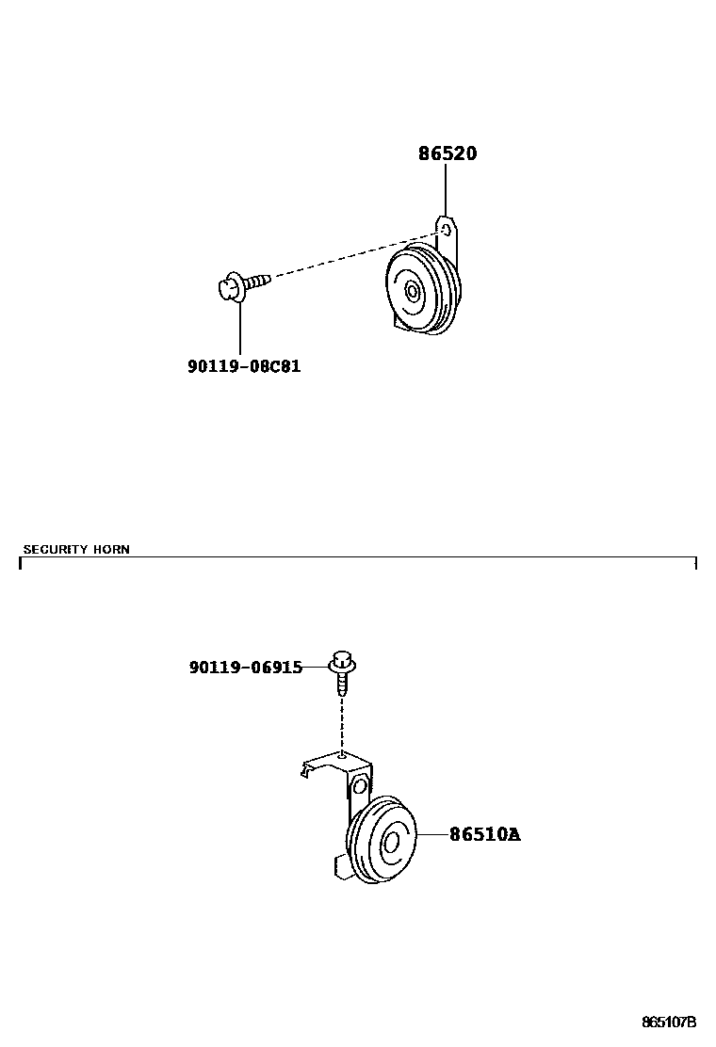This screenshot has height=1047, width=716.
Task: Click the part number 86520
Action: tap(447, 153)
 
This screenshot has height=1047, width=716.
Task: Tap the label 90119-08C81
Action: tap(244, 365)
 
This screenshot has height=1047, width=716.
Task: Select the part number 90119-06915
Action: tap(246, 668)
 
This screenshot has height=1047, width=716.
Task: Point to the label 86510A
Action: tap(484, 834)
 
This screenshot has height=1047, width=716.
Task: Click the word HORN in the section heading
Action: tap(111, 549)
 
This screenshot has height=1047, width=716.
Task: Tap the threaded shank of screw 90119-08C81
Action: tap(259, 280)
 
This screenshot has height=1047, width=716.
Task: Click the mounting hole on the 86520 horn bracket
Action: tap(447, 229)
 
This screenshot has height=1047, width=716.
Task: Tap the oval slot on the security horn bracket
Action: tap(359, 784)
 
